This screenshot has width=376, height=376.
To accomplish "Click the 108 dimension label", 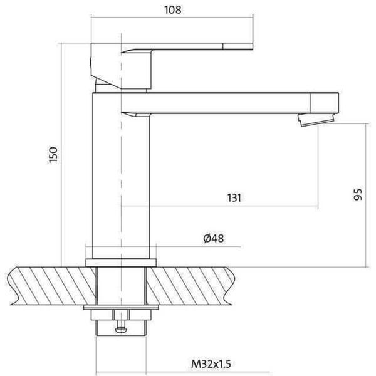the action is pyautogui.click(x=173, y=10).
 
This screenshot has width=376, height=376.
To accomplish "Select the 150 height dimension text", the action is pyautogui.click(x=53, y=155).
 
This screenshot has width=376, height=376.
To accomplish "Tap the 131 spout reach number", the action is pyautogui.click(x=234, y=198).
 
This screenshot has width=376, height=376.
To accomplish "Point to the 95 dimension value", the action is pyautogui.click(x=358, y=194).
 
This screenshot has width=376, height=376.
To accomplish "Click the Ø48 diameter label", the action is pyautogui.click(x=214, y=238).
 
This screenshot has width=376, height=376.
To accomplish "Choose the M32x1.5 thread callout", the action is pyautogui.click(x=211, y=364).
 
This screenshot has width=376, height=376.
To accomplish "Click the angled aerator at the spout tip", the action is pyautogui.click(x=316, y=120).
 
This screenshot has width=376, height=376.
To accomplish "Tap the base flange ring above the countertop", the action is pyautogui.click(x=121, y=263).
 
